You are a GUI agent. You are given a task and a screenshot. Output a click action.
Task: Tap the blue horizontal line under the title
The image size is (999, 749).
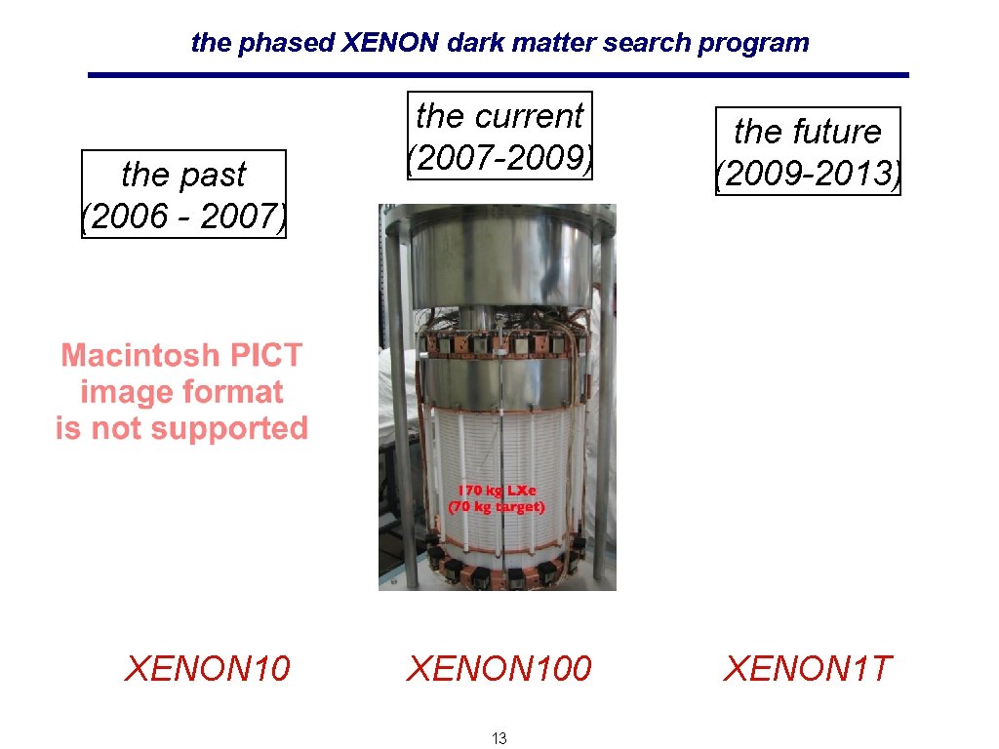pyautogui.click(x=498, y=75)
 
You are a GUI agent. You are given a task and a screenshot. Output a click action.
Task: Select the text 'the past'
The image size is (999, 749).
pyautogui.click(x=183, y=174)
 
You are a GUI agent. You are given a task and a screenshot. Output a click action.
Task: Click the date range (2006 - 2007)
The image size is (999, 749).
pyautogui.click(x=183, y=216)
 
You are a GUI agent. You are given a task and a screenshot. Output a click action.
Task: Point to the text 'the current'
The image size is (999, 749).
pyautogui.click(x=499, y=116)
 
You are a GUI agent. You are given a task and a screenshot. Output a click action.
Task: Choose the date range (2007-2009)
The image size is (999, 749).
pyautogui.click(x=499, y=157)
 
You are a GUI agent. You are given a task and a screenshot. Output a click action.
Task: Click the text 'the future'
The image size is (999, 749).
pyautogui.click(x=807, y=131)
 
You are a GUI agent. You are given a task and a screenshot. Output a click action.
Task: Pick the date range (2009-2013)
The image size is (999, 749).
pyautogui.click(x=807, y=174)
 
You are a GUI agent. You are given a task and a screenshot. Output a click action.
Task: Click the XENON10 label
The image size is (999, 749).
pyautogui.click(x=207, y=669)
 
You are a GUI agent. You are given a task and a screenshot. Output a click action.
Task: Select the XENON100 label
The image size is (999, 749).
pyautogui.click(x=499, y=669)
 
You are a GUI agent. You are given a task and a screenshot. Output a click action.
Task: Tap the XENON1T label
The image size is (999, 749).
pyautogui.click(x=807, y=669)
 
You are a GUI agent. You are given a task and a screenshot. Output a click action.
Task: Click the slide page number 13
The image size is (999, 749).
pyautogui.click(x=499, y=738)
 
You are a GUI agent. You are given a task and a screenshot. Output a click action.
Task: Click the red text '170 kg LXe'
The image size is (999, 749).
pyautogui.click(x=497, y=491)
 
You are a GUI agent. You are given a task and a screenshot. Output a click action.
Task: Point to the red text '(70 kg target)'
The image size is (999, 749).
pyautogui.click(x=497, y=507)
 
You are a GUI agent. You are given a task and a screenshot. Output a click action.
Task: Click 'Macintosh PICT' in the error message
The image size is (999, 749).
pyautogui.click(x=181, y=355)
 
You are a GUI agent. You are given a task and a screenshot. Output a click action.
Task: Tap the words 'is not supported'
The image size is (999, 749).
pyautogui.click(x=181, y=428)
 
